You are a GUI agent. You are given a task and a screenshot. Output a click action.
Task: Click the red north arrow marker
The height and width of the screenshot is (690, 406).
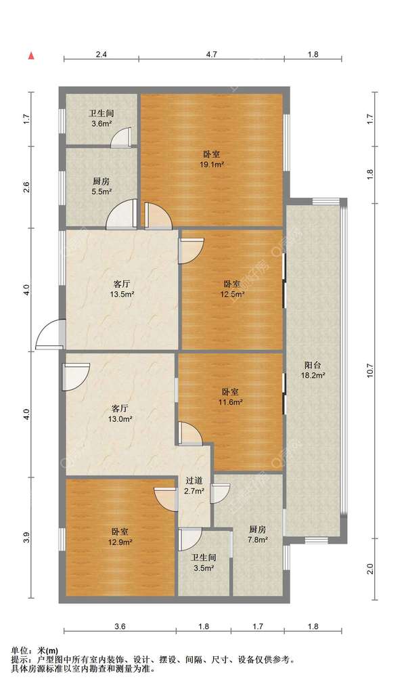point(31,56)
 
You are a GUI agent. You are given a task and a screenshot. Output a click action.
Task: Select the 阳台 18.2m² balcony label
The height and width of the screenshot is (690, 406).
point(313,370)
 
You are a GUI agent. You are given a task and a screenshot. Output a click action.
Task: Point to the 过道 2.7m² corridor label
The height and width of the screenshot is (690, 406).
point(194,486)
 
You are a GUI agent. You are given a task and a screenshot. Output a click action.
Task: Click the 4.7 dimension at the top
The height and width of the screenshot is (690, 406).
point(212,55)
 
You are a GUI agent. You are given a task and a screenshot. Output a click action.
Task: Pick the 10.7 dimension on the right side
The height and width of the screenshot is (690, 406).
point(370,370)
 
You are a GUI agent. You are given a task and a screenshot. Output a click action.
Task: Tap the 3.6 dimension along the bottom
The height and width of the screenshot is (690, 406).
point(120,626)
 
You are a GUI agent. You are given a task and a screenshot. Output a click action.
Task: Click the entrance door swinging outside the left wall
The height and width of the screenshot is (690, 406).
point(49,334)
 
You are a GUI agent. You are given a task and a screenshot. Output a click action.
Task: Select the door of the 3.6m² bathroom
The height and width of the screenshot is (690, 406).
point(121,137)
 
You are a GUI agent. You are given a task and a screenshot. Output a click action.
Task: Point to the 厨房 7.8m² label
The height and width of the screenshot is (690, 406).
point(257,534)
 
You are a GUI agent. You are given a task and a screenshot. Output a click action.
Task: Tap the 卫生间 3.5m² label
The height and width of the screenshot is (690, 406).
point(203,563)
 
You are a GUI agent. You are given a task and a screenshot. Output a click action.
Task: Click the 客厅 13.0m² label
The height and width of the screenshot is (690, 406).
point(120,413)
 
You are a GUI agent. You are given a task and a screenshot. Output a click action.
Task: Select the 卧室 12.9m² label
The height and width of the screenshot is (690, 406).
point(120,537)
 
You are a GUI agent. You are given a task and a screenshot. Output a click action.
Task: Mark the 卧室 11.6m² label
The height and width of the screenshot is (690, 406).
point(231,397)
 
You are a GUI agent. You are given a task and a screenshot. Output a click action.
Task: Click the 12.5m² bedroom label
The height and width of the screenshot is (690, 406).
point(232,288)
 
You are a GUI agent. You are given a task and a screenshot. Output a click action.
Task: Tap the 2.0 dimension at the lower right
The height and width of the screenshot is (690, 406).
point(370,569)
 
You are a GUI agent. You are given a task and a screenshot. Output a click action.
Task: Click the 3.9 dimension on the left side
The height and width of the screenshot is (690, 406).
point(27,538)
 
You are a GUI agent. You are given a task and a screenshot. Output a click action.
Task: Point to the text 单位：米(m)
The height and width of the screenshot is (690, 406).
point(35,651)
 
